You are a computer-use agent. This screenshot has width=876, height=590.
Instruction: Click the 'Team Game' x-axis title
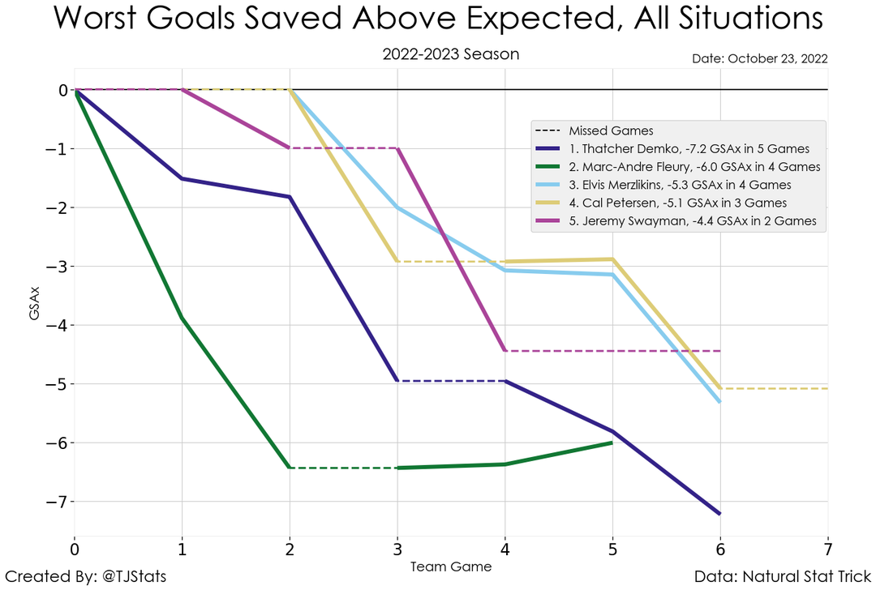451,566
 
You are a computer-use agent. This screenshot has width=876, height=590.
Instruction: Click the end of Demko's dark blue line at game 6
719,514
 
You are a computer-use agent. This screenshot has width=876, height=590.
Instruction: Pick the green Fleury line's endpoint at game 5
612,442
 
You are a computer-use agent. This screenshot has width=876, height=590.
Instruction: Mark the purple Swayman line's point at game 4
505,351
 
